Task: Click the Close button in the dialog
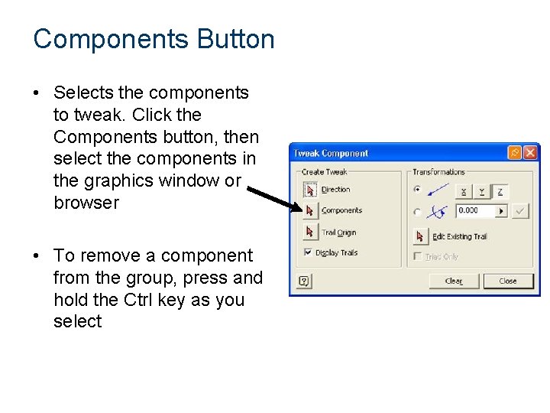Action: click(x=508, y=281)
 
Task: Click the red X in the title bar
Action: click(x=529, y=153)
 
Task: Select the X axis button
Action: click(x=464, y=191)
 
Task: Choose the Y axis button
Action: click(x=482, y=191)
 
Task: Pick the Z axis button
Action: click(x=500, y=191)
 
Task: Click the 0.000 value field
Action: click(x=475, y=210)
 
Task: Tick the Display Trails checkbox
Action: click(x=308, y=252)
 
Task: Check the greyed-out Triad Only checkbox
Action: click(x=418, y=256)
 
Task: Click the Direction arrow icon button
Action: click(x=310, y=190)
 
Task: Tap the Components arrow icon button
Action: click(x=310, y=210)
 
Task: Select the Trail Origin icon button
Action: click(x=310, y=232)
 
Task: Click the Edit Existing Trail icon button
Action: click(x=420, y=236)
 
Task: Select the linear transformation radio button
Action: click(x=417, y=190)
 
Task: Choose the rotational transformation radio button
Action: click(x=417, y=212)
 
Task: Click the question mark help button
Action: click(x=303, y=281)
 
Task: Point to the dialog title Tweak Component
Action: click(x=332, y=154)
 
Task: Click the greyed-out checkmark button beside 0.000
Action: click(x=520, y=210)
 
